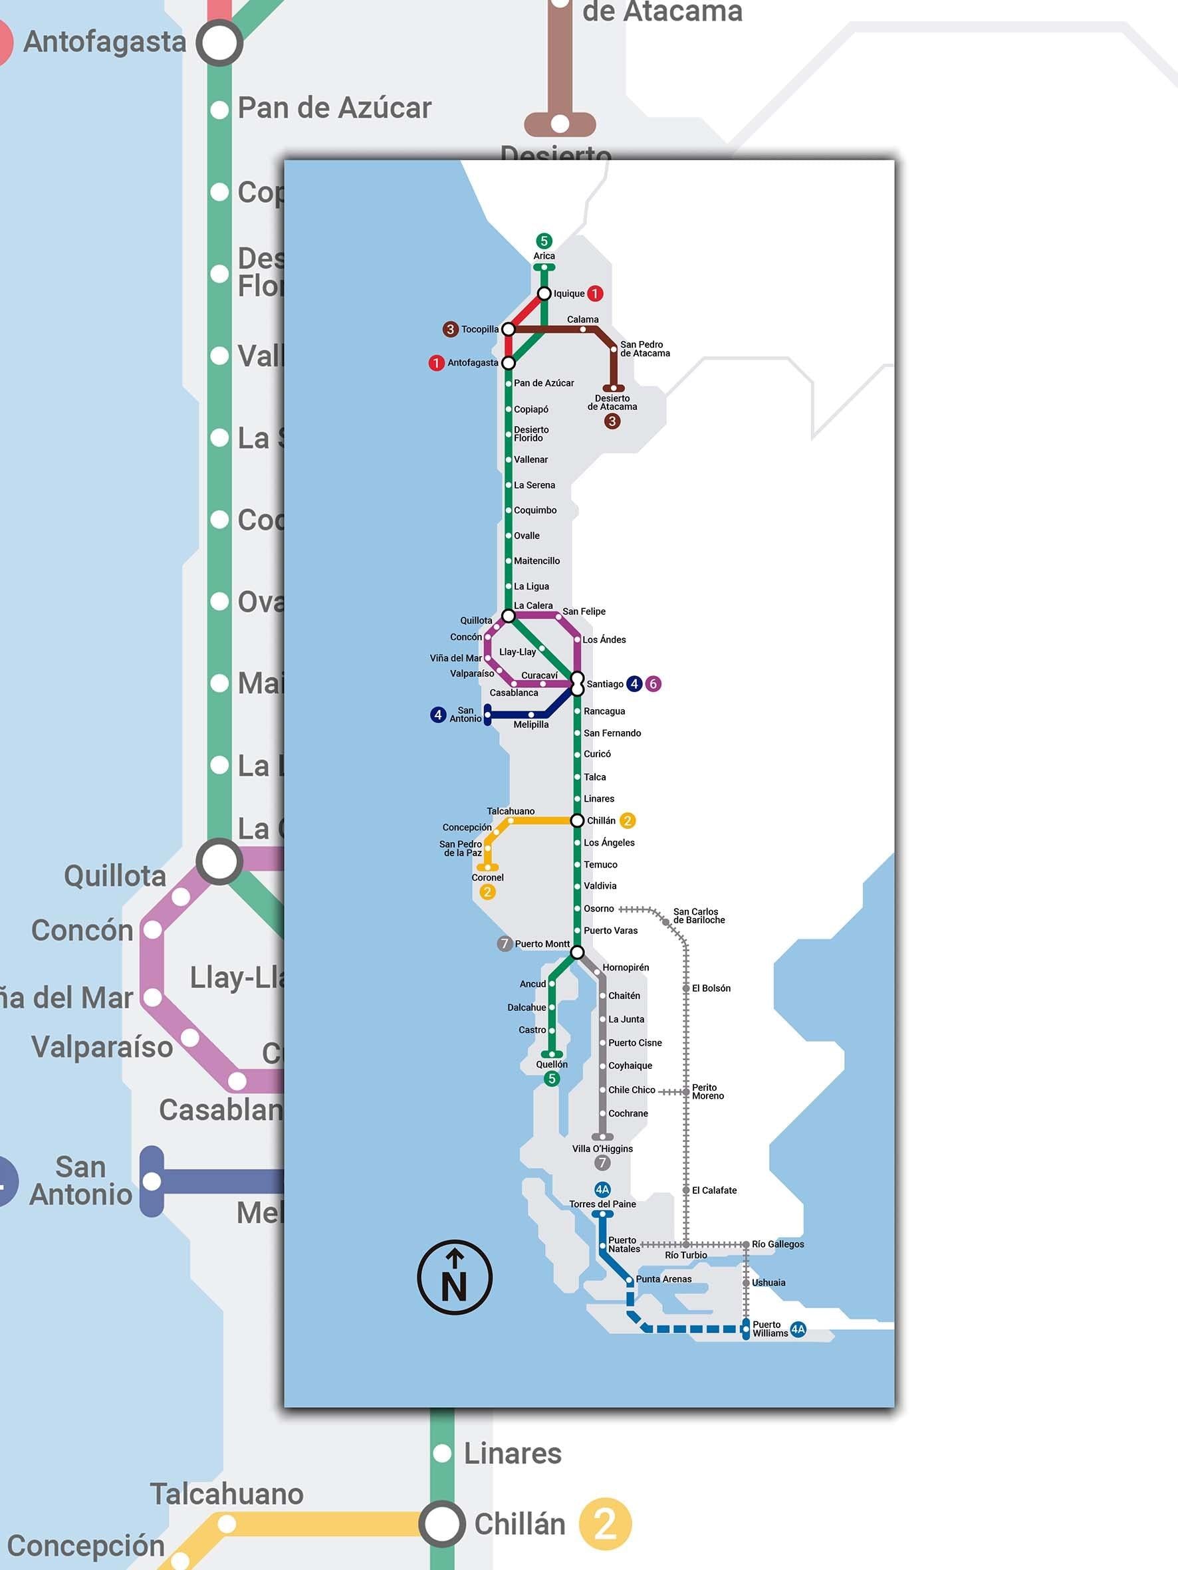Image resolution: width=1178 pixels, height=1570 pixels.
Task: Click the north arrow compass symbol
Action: [455, 1278]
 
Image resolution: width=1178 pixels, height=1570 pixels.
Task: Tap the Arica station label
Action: [544, 256]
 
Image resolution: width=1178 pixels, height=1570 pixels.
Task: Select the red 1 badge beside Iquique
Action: [595, 293]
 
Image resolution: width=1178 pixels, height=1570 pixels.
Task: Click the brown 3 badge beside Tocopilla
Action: [450, 329]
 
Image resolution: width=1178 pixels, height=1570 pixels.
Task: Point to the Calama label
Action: [582, 320]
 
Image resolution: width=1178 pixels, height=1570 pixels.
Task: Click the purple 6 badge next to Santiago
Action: [653, 683]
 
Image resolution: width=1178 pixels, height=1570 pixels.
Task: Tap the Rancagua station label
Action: [604, 711]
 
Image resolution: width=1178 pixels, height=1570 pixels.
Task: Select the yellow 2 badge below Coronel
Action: [487, 892]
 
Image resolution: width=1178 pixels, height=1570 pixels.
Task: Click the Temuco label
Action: [600, 865]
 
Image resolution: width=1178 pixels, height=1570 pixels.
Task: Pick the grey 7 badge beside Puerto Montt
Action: [504, 943]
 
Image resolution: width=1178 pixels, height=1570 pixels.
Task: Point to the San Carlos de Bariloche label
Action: [699, 915]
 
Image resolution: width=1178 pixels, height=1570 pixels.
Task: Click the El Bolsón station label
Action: [711, 988]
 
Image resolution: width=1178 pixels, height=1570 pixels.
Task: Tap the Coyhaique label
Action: [630, 1065]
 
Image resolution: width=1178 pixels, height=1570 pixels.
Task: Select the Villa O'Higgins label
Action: [602, 1149]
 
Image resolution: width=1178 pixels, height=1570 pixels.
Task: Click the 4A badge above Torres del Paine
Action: [602, 1190]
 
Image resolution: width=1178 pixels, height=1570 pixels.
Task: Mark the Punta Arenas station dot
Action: [629, 1280]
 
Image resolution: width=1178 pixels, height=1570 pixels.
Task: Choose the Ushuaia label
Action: [768, 1283]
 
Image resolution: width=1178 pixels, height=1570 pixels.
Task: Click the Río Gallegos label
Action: [778, 1244]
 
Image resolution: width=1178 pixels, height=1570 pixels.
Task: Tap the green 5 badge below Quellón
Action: [552, 1079]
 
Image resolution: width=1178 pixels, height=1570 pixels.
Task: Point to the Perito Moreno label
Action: [707, 1091]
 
